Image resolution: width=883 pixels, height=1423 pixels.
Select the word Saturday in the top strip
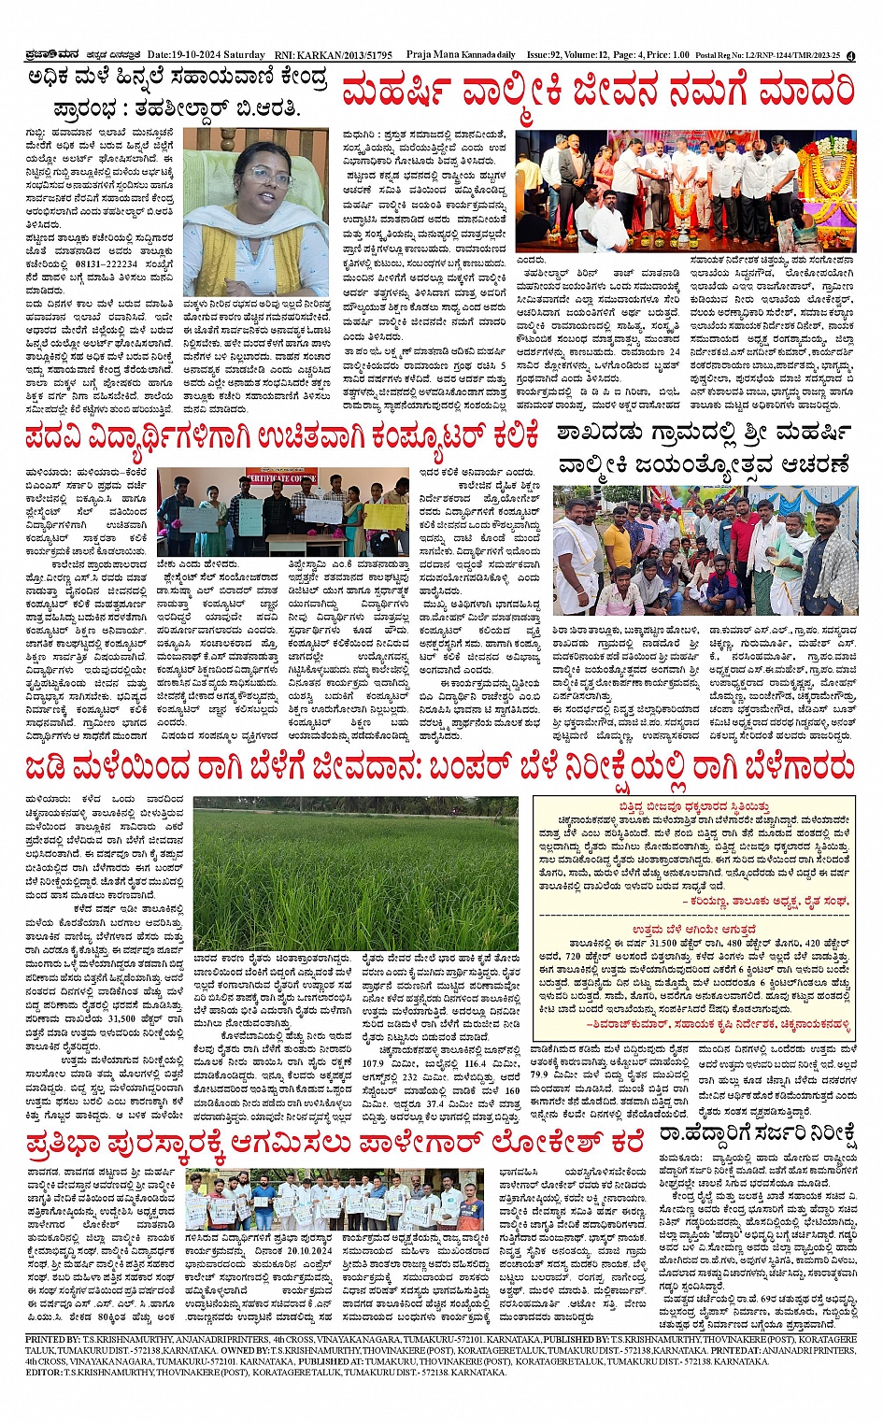tap(246, 55)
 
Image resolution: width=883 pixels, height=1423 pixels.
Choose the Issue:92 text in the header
tap(547, 55)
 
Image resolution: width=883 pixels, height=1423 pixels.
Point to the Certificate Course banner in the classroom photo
tap(279, 478)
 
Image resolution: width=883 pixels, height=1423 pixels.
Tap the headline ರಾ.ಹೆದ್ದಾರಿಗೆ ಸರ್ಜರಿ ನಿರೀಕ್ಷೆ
tap(757, 1135)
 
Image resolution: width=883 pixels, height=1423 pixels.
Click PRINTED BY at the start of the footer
tap(52, 1339)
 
